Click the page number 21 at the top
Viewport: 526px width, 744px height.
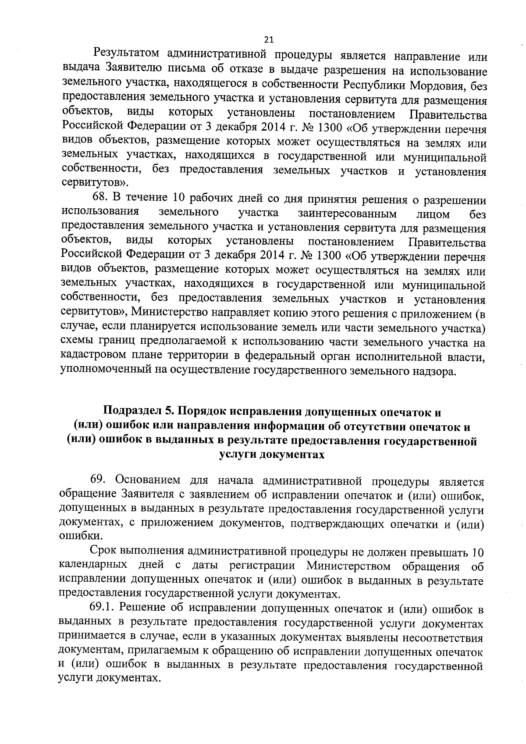pos(269,40)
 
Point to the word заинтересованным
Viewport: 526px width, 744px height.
pos(347,214)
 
